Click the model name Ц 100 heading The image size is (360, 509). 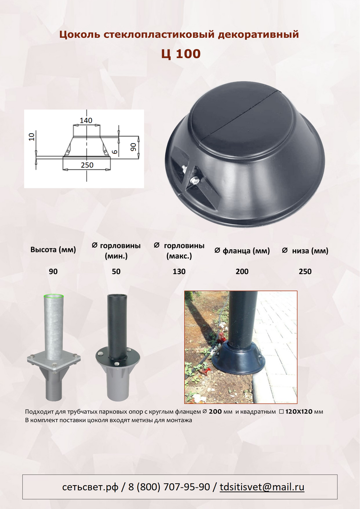coord(181,54)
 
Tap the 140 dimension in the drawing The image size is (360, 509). coord(86,121)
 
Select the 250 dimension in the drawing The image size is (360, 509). coord(87,165)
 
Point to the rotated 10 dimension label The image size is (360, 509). coord(31,137)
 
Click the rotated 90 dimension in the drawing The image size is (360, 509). coord(133,147)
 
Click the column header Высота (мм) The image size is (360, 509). coord(53,250)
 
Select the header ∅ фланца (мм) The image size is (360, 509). coord(242,251)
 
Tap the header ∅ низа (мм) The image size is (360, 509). coord(305,251)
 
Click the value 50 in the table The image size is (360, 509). coord(116,271)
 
